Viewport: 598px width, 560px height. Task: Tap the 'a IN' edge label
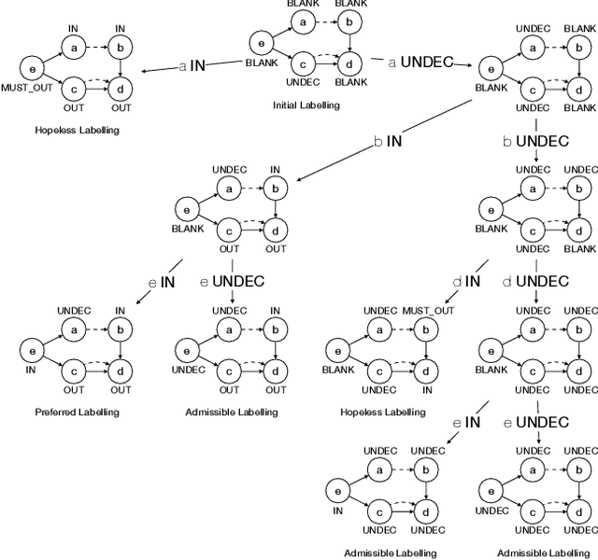coord(192,65)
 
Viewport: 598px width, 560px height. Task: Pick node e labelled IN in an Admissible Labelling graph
coord(338,489)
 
